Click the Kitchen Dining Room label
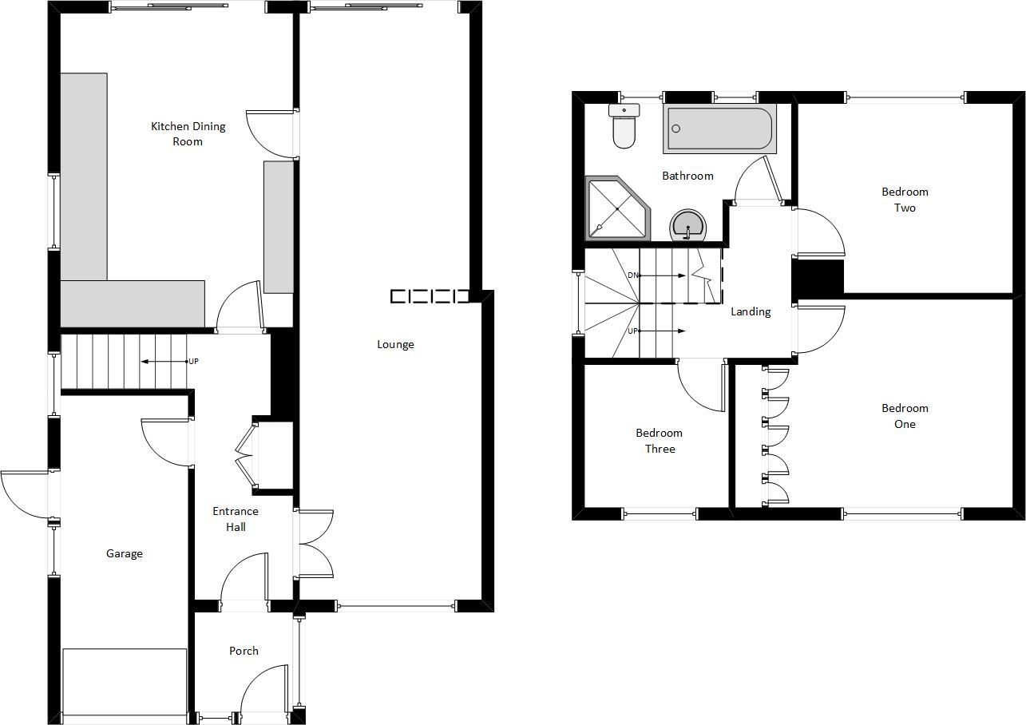coord(188,133)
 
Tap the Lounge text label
coord(395,344)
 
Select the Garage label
coord(125,553)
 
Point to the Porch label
coord(244,651)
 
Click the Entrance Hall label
coord(235,519)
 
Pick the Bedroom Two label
coord(905,200)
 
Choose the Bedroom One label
coord(905,416)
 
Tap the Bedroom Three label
coord(659,441)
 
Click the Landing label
coord(751,311)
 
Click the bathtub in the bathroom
coord(719,129)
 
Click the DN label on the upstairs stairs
coord(632,275)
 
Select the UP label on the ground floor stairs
coord(193,362)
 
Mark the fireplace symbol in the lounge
coord(430,296)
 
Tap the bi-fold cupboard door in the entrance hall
coord(245,455)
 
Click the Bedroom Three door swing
coord(700,387)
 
